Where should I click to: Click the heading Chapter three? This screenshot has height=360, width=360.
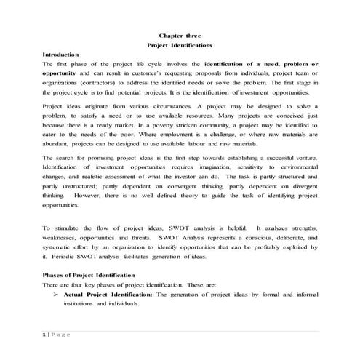click(x=180, y=36)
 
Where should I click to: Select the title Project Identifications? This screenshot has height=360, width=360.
click(x=180, y=45)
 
